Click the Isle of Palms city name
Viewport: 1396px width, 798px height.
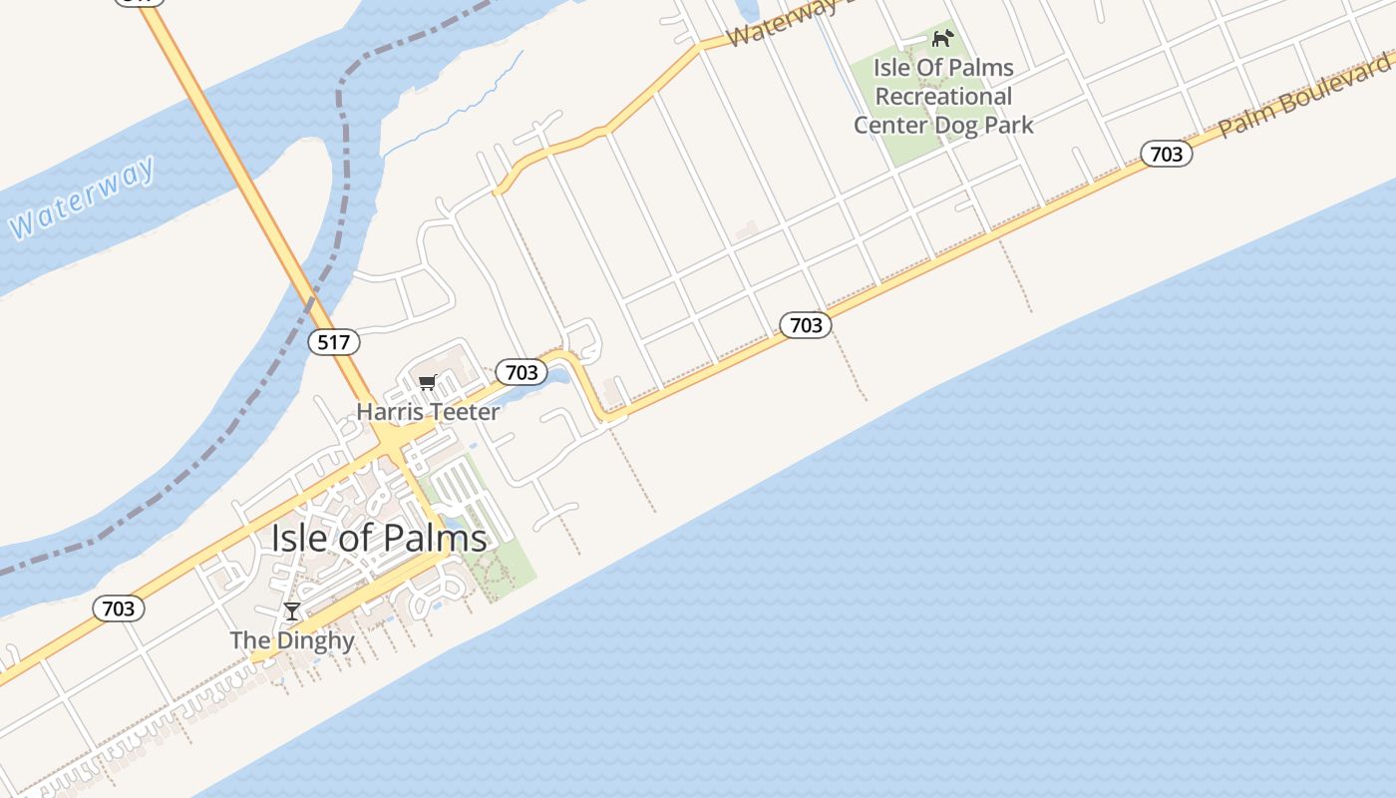tap(379, 539)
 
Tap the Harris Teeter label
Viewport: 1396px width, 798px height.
tap(428, 411)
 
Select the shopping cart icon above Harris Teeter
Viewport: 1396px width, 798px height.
tap(428, 382)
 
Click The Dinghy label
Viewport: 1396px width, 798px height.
tap(291, 640)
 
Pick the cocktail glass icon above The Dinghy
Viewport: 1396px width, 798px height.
tap(291, 611)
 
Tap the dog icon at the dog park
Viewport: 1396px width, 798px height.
tap(942, 39)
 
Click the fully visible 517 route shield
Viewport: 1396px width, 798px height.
tap(333, 342)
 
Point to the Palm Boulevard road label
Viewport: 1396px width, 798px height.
tap(1305, 96)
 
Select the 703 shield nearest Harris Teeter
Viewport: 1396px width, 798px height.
tap(522, 372)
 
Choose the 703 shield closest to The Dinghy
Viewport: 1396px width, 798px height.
tap(119, 608)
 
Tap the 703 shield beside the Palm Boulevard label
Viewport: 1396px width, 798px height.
tap(1166, 154)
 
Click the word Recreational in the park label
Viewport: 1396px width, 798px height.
tap(943, 97)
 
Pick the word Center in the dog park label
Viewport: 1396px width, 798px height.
tap(889, 125)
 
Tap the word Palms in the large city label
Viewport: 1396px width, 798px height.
tap(439, 539)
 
